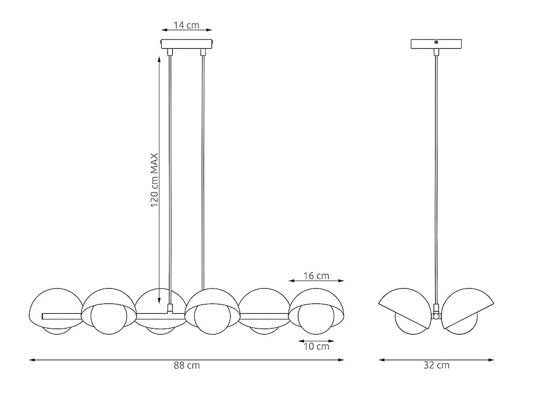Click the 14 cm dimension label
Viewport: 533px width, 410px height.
186,25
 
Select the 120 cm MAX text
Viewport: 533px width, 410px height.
155,180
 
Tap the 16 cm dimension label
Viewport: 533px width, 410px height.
316,276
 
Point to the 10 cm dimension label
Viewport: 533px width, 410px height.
316,346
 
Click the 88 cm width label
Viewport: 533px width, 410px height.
186,366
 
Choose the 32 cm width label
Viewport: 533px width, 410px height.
436,366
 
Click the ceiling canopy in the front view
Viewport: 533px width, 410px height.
186,43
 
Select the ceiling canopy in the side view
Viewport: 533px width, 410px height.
436,44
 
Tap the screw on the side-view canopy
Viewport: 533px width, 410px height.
436,42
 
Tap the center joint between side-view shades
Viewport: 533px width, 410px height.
436,314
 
